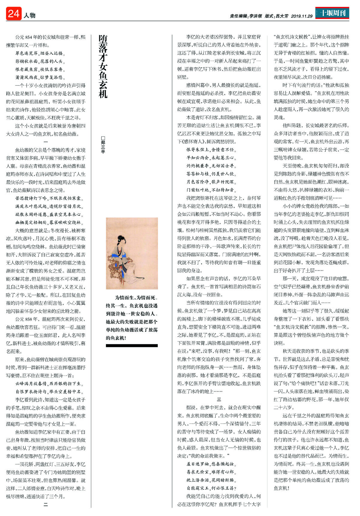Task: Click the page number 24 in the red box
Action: (13, 14)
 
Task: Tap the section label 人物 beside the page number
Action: (29, 15)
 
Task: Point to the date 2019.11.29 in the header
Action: (302, 16)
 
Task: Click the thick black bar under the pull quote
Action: (132, 346)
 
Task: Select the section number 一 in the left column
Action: (46, 142)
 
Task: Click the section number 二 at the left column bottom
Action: (46, 505)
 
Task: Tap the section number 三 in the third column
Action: (219, 400)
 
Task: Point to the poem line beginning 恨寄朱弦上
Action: (211, 149)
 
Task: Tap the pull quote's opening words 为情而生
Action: (125, 298)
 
